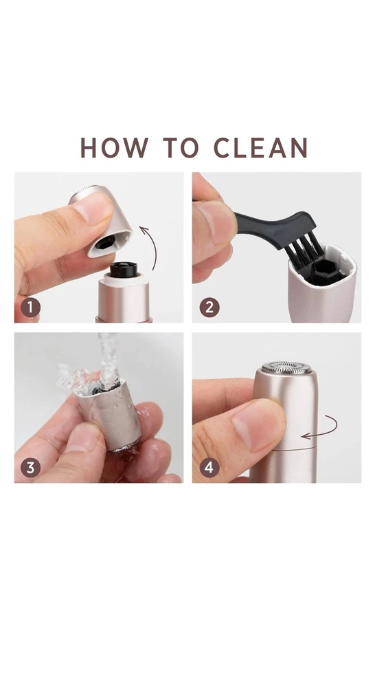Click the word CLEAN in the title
(x=261, y=147)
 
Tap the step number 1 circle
(x=30, y=308)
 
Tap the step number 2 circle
(x=209, y=308)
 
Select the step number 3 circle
(x=30, y=468)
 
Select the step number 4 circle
(x=209, y=468)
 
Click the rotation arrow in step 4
(x=334, y=428)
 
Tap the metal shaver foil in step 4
(x=286, y=367)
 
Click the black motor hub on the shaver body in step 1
(x=124, y=270)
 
